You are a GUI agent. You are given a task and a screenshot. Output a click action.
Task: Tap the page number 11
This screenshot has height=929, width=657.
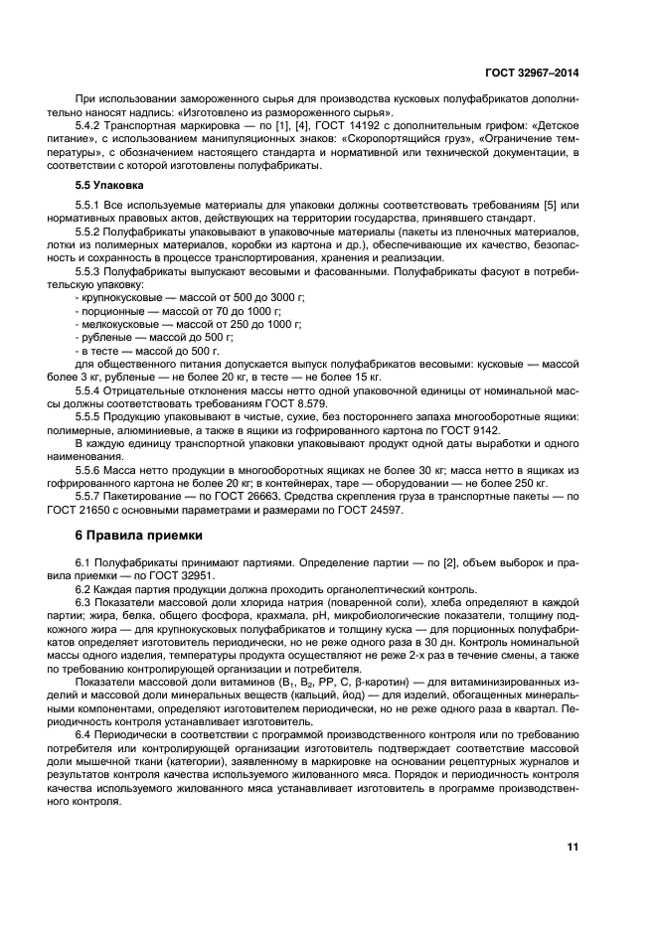(x=573, y=847)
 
